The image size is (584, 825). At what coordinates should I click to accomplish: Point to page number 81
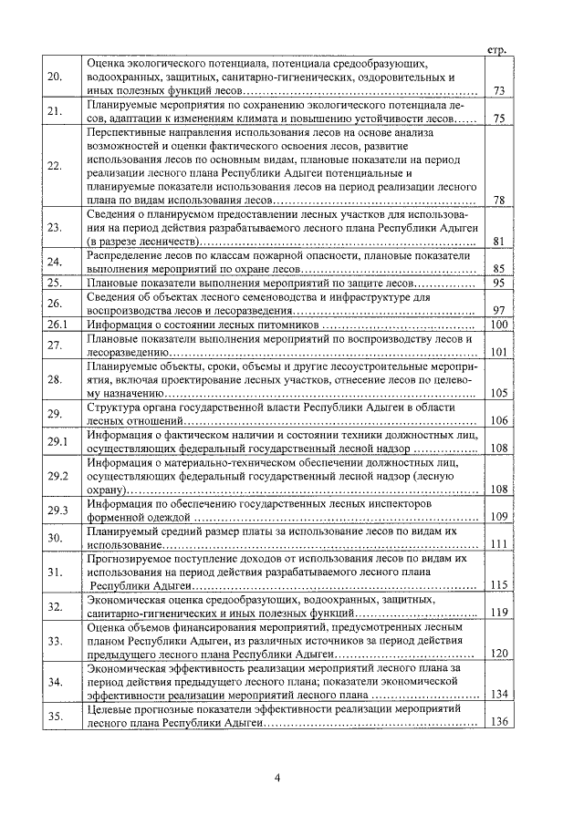(x=498, y=242)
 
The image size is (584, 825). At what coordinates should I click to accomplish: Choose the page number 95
(x=498, y=284)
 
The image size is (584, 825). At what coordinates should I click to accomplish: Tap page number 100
(x=498, y=325)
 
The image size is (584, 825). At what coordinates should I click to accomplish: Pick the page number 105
(x=498, y=394)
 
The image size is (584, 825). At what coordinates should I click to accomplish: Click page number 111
(x=498, y=544)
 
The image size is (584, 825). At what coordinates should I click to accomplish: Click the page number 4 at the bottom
(x=277, y=777)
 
